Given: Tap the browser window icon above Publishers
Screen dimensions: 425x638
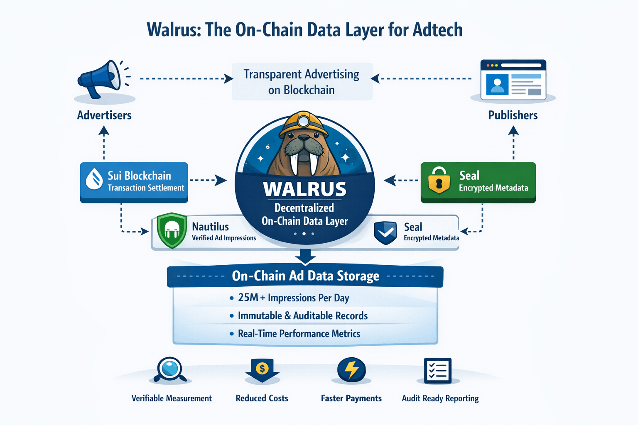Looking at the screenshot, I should (513, 80).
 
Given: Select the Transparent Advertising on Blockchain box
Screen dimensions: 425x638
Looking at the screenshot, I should (302, 82).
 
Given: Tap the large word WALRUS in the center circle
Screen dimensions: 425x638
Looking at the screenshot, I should (305, 189).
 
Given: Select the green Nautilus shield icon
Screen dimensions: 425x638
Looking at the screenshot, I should (172, 231).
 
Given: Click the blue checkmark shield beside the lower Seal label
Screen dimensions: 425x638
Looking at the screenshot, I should (385, 232).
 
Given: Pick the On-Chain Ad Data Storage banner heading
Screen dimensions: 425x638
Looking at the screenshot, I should (305, 276).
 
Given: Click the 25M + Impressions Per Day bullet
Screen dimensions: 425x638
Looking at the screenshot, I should (293, 298).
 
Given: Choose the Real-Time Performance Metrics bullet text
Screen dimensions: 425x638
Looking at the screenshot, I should (299, 334).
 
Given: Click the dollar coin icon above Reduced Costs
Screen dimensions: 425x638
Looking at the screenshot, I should (262, 369).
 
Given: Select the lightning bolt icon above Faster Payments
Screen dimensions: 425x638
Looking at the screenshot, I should (351, 369).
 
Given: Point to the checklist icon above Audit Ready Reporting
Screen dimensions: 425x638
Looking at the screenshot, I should (438, 370).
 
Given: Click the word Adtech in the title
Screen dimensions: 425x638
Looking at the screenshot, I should (437, 30).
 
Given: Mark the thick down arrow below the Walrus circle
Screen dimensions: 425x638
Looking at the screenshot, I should (305, 256).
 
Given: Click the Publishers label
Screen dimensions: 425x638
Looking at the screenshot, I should (513, 115).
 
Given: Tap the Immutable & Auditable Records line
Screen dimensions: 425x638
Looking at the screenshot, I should (302, 316).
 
